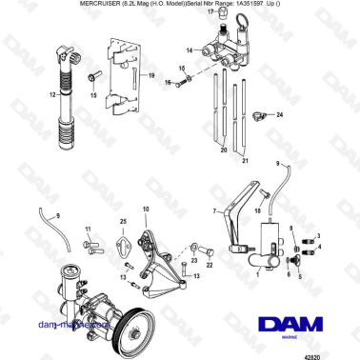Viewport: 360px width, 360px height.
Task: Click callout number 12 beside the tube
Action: click(x=53, y=96)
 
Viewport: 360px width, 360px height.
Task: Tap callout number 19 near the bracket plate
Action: click(x=150, y=73)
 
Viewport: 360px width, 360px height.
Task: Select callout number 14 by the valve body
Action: click(x=189, y=50)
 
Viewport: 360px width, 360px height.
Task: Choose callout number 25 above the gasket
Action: click(x=123, y=222)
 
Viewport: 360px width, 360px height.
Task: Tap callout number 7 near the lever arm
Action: click(x=216, y=209)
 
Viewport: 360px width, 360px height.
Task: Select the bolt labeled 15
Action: click(x=92, y=75)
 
